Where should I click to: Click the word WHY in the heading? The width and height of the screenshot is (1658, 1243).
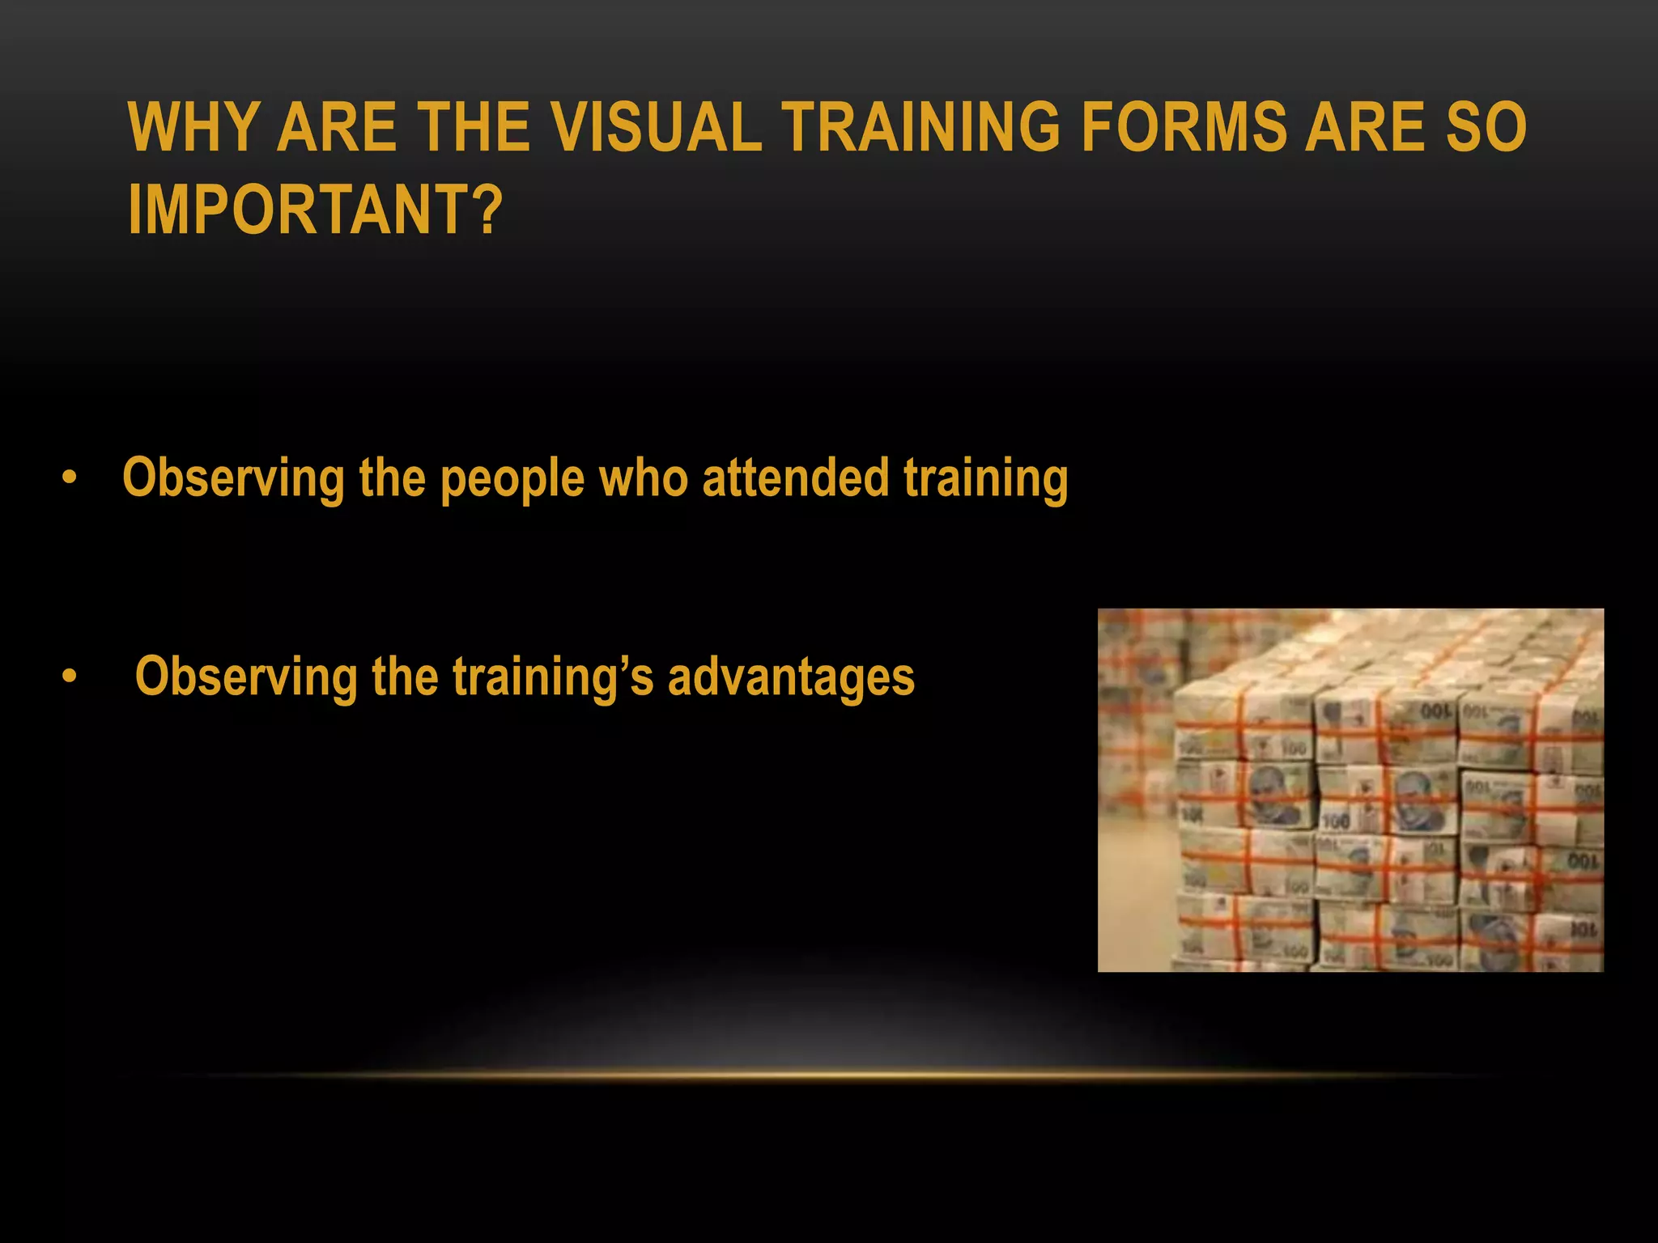click(193, 127)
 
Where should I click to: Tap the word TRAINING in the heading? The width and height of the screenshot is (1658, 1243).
click(920, 127)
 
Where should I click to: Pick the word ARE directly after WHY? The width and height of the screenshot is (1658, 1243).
click(337, 127)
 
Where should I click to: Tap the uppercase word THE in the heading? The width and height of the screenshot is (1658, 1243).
click(474, 127)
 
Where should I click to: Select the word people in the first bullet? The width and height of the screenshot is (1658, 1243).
click(512, 479)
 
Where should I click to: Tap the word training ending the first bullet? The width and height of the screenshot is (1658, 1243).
click(985, 479)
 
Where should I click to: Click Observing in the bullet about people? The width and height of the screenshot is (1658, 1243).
click(233, 479)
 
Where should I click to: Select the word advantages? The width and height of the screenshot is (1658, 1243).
click(791, 677)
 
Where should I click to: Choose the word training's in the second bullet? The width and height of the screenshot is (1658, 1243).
click(552, 678)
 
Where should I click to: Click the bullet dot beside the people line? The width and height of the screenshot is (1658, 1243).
click(70, 478)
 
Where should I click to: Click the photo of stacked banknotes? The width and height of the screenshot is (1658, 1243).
click(1350, 790)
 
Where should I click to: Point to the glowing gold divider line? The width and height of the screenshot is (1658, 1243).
click(829, 1075)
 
